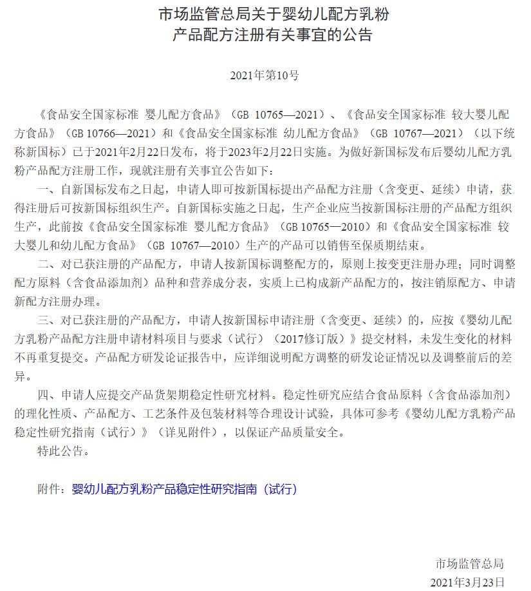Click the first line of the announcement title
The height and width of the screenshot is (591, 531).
(265, 14)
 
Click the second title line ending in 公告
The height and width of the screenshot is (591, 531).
(265, 34)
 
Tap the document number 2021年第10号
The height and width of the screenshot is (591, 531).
(265, 75)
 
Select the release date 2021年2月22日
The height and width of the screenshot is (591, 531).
(140, 153)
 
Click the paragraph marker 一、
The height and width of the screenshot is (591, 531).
(48, 190)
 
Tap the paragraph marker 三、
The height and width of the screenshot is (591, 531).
(48, 320)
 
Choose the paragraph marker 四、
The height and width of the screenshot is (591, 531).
(48, 395)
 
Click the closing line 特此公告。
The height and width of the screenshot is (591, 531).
(64, 451)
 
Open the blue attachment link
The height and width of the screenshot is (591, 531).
(185, 489)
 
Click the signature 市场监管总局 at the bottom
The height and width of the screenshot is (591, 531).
(469, 564)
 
